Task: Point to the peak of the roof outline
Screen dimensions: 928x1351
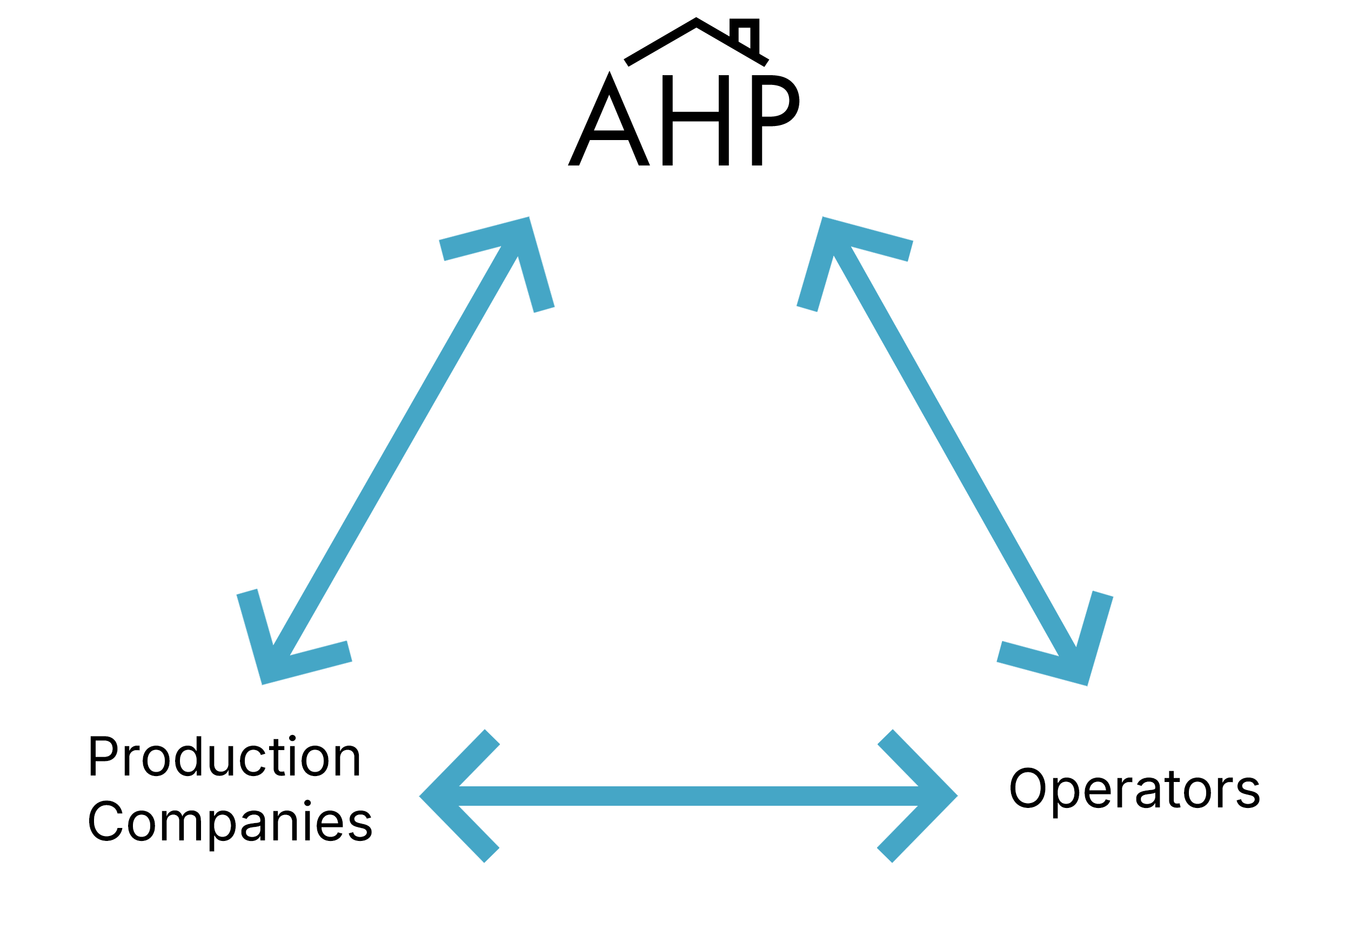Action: point(696,23)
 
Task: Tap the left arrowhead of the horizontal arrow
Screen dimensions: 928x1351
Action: point(447,796)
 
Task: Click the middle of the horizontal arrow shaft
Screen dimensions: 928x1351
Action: point(689,796)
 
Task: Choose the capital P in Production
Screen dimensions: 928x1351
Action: point(103,756)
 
